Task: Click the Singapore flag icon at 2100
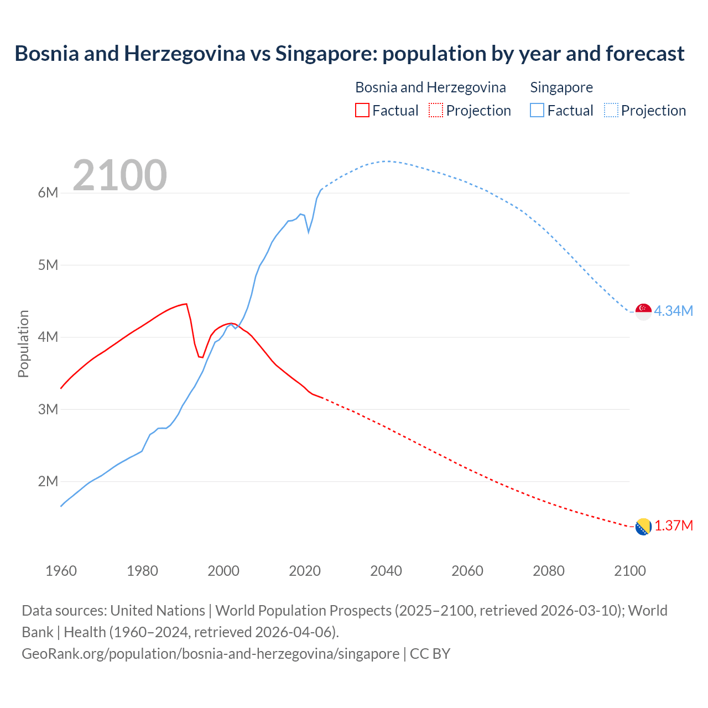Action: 643,311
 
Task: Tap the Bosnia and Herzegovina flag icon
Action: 643,527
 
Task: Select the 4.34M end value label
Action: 674,311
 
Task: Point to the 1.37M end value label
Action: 674,525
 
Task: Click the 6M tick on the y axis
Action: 48,192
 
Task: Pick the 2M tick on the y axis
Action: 48,481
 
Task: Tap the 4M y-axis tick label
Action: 48,337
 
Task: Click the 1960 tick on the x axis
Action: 61,571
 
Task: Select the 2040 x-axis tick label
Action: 386,571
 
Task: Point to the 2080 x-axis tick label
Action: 549,571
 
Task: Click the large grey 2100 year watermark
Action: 119,175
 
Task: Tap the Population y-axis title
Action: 23,343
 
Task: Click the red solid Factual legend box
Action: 362,110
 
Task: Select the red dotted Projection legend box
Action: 436,110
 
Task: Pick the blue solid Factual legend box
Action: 537,110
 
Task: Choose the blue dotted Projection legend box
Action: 611,110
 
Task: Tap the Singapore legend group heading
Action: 561,87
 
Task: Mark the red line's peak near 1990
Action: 186,304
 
